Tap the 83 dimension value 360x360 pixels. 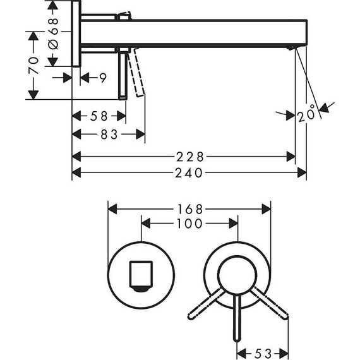tap(110, 134)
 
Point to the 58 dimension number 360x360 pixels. tap(99, 116)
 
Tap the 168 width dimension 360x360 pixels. tap(189, 208)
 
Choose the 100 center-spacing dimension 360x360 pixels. tap(189, 224)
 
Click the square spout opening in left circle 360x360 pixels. tap(140, 276)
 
